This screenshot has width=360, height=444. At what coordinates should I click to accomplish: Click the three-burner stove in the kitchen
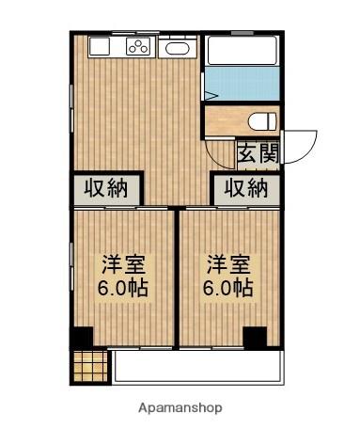pos(139,48)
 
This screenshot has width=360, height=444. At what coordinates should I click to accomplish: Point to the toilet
pos(263,120)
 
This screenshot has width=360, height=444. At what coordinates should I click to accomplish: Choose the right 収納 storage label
pos(246,187)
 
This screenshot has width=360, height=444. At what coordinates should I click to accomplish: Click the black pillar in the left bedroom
pos(82,336)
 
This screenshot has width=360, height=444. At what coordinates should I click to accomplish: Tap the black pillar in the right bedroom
pos(253,336)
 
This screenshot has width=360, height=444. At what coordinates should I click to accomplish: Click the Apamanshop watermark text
pos(180,409)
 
